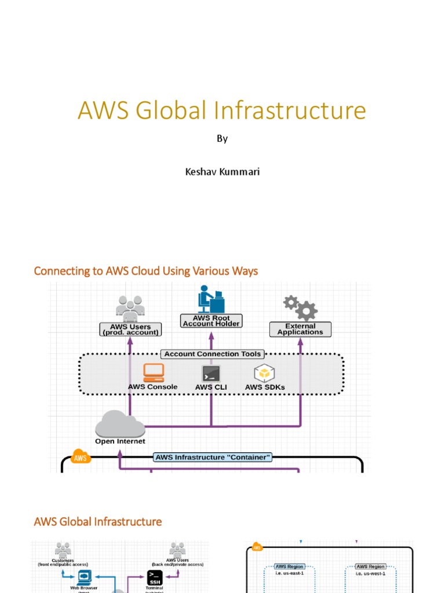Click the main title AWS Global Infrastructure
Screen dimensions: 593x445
coord(222,111)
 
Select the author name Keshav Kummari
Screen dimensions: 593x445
coord(222,172)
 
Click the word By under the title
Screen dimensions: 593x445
coord(222,139)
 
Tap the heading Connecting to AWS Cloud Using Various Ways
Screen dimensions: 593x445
coord(146,271)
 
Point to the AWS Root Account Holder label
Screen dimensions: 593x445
coord(211,321)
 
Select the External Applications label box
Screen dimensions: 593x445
coord(300,330)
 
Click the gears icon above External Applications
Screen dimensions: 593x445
coord(300,308)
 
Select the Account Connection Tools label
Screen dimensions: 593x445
coord(213,354)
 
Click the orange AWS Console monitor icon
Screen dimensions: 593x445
coord(154,372)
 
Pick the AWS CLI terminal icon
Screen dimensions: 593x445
coord(211,374)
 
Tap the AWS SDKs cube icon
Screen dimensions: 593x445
coord(264,374)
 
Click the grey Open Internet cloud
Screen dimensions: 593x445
coord(120,424)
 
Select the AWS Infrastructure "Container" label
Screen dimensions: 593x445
coord(213,457)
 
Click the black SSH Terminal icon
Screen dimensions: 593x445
coord(154,577)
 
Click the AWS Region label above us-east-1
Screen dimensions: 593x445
coord(290,566)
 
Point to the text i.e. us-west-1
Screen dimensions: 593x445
coord(371,573)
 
